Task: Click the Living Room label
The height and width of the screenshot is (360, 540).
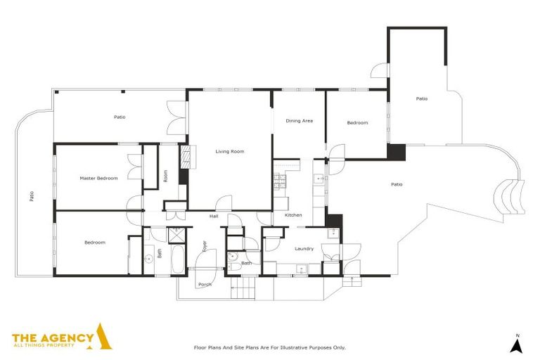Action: point(229,151)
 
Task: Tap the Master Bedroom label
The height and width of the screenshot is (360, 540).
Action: point(98,178)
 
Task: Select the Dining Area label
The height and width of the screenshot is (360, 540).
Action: point(299,121)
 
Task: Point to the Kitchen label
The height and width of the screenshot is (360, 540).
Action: point(293,215)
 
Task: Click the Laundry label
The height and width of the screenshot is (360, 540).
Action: point(304,248)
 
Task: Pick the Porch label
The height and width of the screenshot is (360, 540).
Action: point(205,285)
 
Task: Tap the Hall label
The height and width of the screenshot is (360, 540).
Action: point(214,217)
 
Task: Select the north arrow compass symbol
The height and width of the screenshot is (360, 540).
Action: point(516,344)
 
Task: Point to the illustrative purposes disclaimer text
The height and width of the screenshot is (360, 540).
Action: point(269,347)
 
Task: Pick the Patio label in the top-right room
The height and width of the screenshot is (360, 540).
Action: point(421,98)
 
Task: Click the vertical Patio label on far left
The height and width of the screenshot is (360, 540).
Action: point(32,197)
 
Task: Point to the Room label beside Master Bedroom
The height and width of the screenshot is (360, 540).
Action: point(165,176)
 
